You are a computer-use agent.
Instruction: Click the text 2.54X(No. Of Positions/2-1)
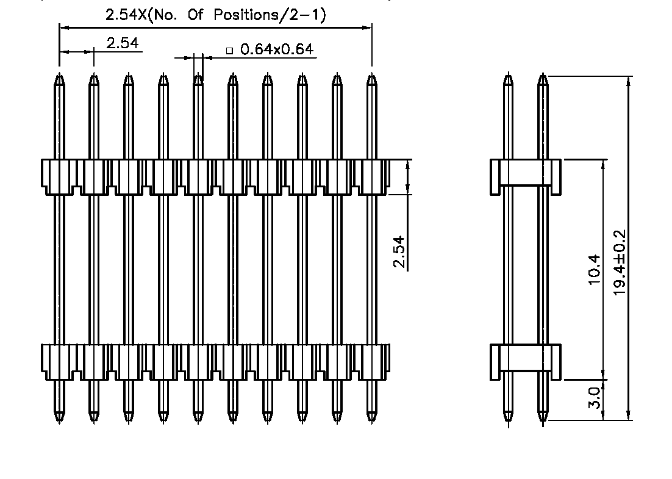tap(215, 15)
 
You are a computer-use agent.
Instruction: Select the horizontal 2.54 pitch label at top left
tap(123, 43)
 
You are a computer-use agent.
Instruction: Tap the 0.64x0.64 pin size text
tap(277, 49)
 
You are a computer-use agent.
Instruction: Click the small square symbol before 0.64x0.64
tap(230, 51)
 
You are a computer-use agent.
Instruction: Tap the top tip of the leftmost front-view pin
tap(59, 76)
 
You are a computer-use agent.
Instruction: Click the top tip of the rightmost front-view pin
tap(371, 76)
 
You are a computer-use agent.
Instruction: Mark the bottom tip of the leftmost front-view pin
tap(59, 420)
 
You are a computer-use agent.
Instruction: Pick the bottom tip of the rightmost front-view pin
tap(371, 420)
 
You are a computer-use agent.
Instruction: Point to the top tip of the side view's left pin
tap(508, 76)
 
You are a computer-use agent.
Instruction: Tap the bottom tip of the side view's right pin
tap(543, 420)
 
